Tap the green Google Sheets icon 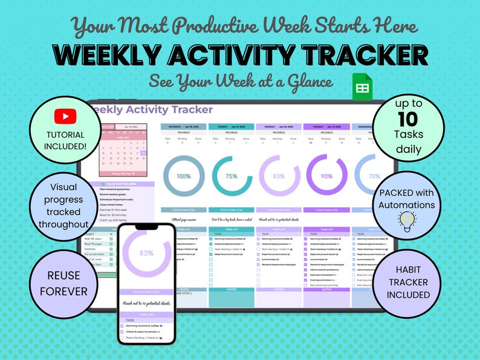(x=362, y=87)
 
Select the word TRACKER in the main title (x=365, y=56)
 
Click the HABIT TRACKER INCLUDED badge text (x=409, y=282)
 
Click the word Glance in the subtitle (x=305, y=82)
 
